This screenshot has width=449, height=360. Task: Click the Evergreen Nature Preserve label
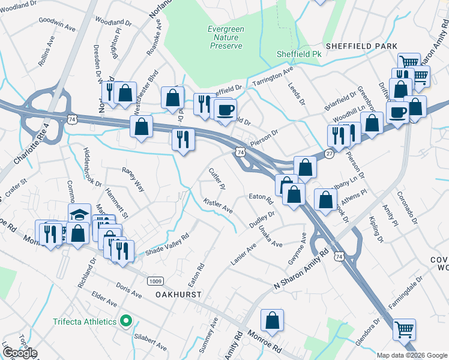click(225, 37)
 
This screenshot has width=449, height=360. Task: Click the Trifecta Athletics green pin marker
click(126, 321)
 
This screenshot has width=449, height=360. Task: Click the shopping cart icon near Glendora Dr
click(404, 329)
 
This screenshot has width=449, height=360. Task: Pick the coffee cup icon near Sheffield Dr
click(225, 110)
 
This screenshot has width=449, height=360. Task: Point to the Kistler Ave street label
click(218, 206)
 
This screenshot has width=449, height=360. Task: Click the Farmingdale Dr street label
click(406, 295)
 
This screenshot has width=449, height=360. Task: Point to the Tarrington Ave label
click(273, 76)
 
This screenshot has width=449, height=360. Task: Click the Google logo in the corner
click(19, 353)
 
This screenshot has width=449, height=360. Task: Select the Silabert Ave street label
click(151, 343)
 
